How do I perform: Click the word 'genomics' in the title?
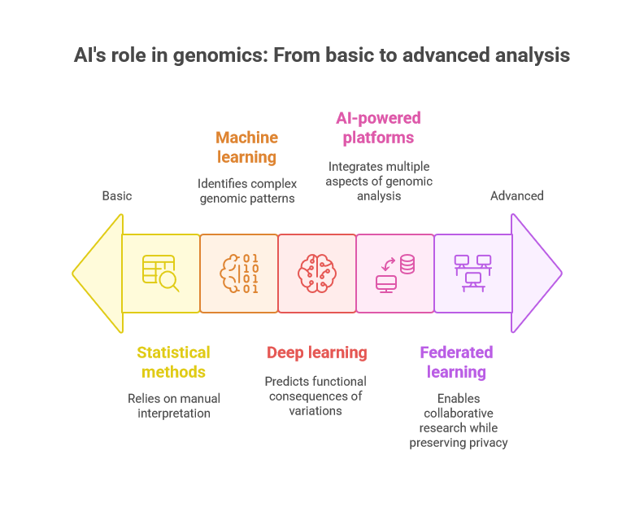pyautogui.click(x=220, y=56)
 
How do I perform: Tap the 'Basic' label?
pyautogui.click(x=117, y=196)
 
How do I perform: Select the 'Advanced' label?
pyautogui.click(x=516, y=196)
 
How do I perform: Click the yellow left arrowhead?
pyautogui.click(x=98, y=273)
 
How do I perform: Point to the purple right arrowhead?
pyautogui.click(x=537, y=273)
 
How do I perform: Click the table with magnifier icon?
pyautogui.click(x=160, y=274)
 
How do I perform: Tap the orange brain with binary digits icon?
pyautogui.click(x=239, y=274)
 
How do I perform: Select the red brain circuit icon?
pyautogui.click(x=317, y=274)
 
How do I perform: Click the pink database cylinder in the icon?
pyautogui.click(x=407, y=264)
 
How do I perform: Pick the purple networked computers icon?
pyautogui.click(x=473, y=274)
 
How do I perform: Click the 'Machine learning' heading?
pyautogui.click(x=247, y=147)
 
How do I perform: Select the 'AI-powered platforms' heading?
pyautogui.click(x=378, y=128)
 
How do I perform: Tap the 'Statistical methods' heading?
pyautogui.click(x=173, y=362)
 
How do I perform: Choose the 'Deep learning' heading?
pyautogui.click(x=316, y=353)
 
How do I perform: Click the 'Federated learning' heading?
pyautogui.click(x=456, y=362)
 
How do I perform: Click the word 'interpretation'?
pyautogui.click(x=174, y=413)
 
